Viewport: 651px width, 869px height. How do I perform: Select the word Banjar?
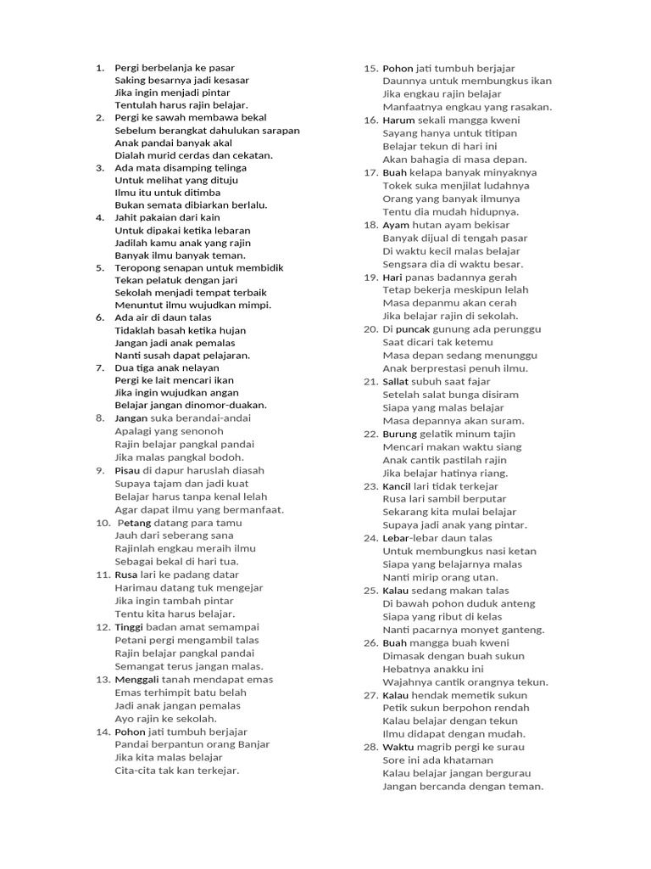pos(253,744)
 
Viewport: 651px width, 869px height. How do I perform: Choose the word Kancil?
pos(397,486)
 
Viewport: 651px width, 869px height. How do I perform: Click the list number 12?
pos(103,627)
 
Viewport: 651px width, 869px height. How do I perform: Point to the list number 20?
pos(370,329)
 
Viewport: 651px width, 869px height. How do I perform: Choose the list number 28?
pos(370,748)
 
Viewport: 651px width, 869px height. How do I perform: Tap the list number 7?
pos(99,367)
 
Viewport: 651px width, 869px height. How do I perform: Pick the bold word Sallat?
pos(397,382)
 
